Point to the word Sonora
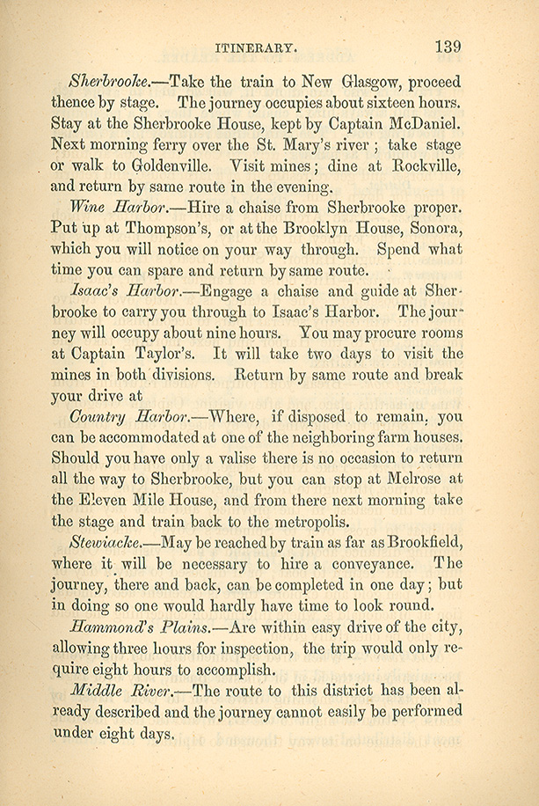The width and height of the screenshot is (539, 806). click(x=429, y=228)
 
